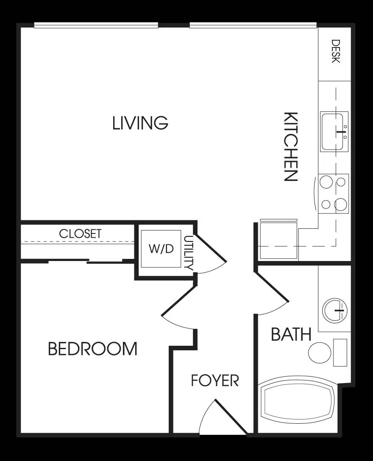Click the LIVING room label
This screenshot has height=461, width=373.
pyautogui.click(x=140, y=123)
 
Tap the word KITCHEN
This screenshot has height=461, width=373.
pyautogui.click(x=291, y=147)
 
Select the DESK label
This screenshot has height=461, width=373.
pyautogui.click(x=336, y=51)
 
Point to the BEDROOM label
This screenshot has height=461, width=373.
pyautogui.click(x=92, y=349)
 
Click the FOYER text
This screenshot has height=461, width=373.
pyautogui.click(x=215, y=381)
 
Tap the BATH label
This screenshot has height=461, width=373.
pyautogui.click(x=291, y=334)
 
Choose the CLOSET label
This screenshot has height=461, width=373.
pyautogui.click(x=80, y=234)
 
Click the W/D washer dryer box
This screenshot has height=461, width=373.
pyautogui.click(x=161, y=249)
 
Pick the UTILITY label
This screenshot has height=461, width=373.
pyautogui.click(x=188, y=253)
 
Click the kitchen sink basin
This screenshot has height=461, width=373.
pyautogui.click(x=334, y=132)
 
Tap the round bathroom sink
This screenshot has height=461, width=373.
pyautogui.click(x=335, y=311)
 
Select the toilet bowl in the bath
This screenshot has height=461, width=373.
pyautogui.click(x=320, y=353)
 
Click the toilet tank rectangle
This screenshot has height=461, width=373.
pyautogui.click(x=340, y=353)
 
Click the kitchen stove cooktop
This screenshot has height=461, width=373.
pyautogui.click(x=334, y=194)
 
